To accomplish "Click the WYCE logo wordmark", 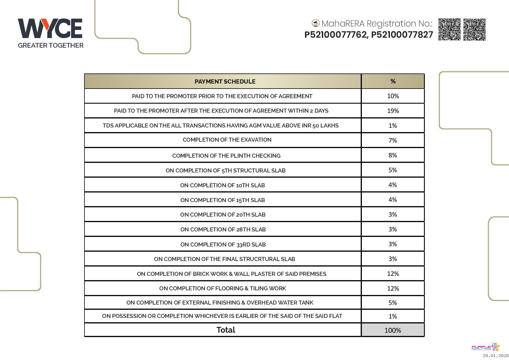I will pyautogui.click(x=50, y=28).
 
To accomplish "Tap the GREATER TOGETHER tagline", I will pyautogui.click(x=50, y=45).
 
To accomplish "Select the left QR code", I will pyautogui.click(x=449, y=29).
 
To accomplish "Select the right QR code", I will pyautogui.click(x=474, y=29).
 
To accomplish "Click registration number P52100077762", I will pyautogui.click(x=335, y=35).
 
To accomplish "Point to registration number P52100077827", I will pyautogui.click(x=402, y=35).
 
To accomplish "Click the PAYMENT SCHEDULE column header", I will pyautogui.click(x=225, y=82).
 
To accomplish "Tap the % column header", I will pyautogui.click(x=393, y=81).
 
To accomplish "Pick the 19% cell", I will pyautogui.click(x=393, y=111).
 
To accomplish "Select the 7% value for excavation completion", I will pyautogui.click(x=393, y=141).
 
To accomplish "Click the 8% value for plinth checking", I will pyautogui.click(x=393, y=155).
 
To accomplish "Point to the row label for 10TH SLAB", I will pyautogui.click(x=222, y=185).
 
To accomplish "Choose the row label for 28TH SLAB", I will pyautogui.click(x=223, y=229).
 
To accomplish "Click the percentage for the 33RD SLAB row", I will pyautogui.click(x=393, y=244).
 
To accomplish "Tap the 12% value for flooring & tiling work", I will pyautogui.click(x=393, y=289).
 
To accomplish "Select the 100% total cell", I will pyautogui.click(x=393, y=330).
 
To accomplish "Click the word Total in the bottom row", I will pyautogui.click(x=225, y=330).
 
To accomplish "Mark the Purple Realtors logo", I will pyautogui.click(x=485, y=347).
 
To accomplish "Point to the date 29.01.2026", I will pyautogui.click(x=495, y=356).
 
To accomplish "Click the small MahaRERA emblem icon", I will pyautogui.click(x=315, y=23).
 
